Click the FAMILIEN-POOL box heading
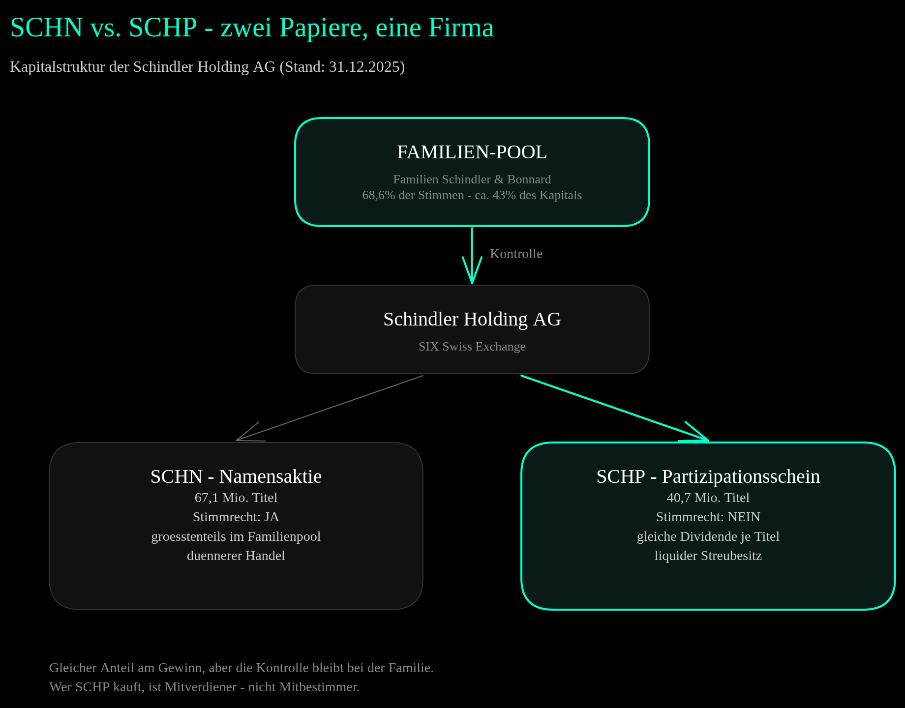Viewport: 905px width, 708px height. coord(472,152)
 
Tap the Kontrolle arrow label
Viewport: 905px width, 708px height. coord(516,254)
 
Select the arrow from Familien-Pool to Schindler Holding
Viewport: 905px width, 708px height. coord(472,255)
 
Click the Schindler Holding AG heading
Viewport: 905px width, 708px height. coord(472,319)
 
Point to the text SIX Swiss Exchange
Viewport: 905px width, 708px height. coord(472,347)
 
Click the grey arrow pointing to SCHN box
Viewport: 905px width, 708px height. coord(330,408)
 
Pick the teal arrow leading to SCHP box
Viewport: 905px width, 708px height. coord(615,408)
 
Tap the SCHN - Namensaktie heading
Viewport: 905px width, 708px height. coord(236,476)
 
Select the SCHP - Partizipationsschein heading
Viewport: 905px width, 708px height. coord(708,476)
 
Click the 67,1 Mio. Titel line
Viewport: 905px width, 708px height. coord(236,498)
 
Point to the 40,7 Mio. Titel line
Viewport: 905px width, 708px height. coord(708,498)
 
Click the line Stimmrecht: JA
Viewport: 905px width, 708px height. coord(236,517)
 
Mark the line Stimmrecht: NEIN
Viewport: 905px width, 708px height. coord(708,517)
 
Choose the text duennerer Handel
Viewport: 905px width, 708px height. coord(236,556)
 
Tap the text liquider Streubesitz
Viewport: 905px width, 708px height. coord(708,556)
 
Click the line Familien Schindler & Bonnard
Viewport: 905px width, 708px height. coord(472,179)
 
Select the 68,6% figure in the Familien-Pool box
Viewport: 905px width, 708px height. coord(379,195)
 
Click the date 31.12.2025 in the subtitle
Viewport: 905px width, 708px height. coord(364,67)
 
